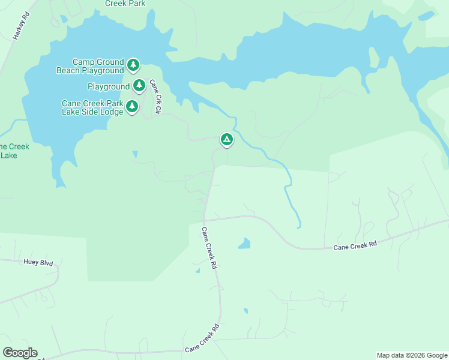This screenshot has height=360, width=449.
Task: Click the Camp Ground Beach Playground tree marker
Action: pyautogui.click(x=133, y=65)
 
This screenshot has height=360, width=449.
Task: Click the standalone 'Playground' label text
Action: pyautogui.click(x=109, y=87)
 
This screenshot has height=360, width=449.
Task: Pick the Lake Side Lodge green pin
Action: pyautogui.click(x=132, y=107)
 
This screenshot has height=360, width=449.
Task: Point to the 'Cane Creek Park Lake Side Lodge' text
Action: pyautogui.click(x=92, y=107)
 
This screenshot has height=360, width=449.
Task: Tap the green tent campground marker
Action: pyautogui.click(x=226, y=140)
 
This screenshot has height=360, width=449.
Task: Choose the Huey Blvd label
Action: pyautogui.click(x=38, y=262)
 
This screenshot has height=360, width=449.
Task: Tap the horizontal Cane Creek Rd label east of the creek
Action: pyautogui.click(x=355, y=244)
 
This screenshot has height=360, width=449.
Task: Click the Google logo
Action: pyautogui.click(x=20, y=353)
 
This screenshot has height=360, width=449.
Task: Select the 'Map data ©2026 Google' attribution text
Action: pyautogui.click(x=411, y=355)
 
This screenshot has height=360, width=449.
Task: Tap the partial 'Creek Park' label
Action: pyautogui.click(x=125, y=3)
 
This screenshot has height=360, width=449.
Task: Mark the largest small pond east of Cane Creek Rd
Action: pyautogui.click(x=244, y=244)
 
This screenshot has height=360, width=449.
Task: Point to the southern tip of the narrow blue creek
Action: pyautogui.click(x=298, y=227)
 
